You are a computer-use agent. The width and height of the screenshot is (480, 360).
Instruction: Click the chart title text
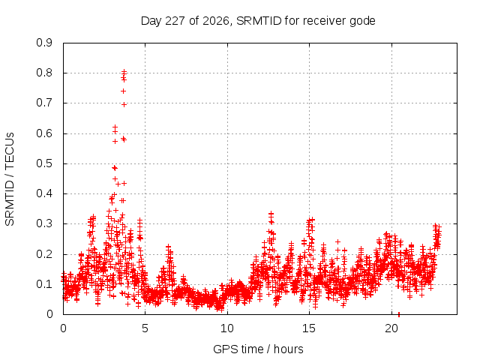258,21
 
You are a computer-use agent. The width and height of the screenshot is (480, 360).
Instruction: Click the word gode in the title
363,22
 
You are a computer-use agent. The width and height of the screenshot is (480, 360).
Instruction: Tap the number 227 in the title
175,21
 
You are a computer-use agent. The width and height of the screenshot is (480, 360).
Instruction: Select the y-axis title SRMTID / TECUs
10,179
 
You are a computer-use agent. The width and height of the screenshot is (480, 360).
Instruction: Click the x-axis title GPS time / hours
258,349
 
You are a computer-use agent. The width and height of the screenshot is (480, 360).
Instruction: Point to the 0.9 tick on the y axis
44,43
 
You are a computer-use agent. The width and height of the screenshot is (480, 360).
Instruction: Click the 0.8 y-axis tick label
44,73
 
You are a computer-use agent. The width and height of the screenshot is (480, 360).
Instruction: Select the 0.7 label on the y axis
44,103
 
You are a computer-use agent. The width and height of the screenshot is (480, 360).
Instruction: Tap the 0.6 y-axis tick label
44,133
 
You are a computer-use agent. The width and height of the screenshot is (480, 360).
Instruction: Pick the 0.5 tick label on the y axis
44,163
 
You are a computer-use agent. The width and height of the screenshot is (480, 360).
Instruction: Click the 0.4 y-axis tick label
44,193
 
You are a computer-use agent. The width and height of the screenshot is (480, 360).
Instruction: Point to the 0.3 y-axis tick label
44,223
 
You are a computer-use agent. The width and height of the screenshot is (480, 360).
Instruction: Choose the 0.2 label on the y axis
44,254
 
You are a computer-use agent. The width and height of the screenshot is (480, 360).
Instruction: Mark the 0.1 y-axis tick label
44,284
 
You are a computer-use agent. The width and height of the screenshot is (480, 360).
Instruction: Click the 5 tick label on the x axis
145,328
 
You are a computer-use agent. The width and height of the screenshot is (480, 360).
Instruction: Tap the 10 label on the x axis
227,328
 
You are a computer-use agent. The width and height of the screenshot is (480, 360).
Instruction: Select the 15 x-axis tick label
309,328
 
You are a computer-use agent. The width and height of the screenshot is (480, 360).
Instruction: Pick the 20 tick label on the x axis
391,328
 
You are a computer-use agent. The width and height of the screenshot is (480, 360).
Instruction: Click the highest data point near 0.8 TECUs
124,72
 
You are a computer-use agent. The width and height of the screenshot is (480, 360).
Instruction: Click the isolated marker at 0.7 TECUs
124,105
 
